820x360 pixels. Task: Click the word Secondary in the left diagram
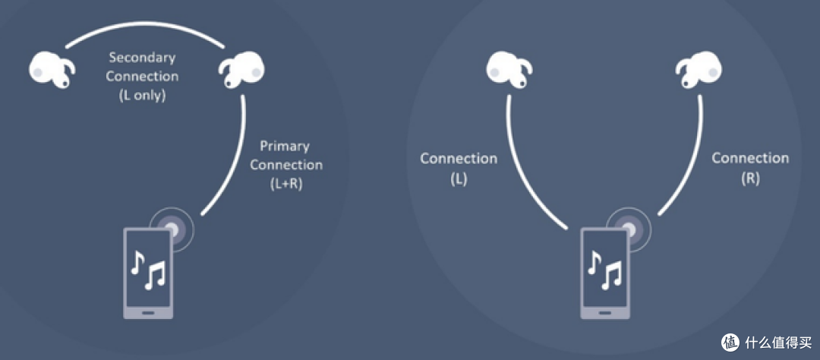pyautogui.click(x=142, y=57)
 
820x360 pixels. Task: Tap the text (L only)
pyautogui.click(x=142, y=96)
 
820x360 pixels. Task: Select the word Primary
pyautogui.click(x=285, y=147)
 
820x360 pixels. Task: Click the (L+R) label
pyautogui.click(x=285, y=185)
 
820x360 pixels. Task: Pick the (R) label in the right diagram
pyautogui.click(x=750, y=178)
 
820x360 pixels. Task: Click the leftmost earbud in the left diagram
pyautogui.click(x=52, y=71)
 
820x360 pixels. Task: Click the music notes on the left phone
pyautogui.click(x=147, y=269)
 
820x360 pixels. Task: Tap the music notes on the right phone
pyautogui.click(x=604, y=269)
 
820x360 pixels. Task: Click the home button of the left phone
pyautogui.click(x=148, y=312)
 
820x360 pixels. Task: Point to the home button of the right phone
pyautogui.click(x=605, y=312)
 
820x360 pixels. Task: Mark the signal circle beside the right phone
pyautogui.click(x=629, y=229)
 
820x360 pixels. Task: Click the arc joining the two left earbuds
pyautogui.click(x=145, y=23)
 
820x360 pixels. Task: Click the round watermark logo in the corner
pyautogui.click(x=730, y=342)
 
